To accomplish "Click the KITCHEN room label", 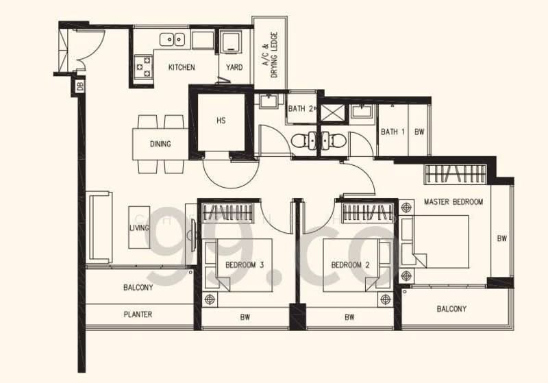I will tap(182, 67).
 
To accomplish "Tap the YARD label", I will tap(234, 67).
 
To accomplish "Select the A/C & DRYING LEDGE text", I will tap(270, 54).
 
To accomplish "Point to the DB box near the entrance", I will tap(79, 86).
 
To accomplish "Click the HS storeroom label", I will tap(221, 121).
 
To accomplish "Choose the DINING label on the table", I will tap(160, 144).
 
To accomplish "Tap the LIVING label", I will tap(139, 227).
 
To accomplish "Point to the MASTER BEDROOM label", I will tap(453, 202).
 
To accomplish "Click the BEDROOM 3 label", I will tap(245, 264).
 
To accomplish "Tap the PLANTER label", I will tap(138, 315).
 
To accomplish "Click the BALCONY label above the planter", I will tap(138, 288).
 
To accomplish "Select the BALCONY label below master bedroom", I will tap(451, 309).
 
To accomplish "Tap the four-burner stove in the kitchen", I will tap(144, 64).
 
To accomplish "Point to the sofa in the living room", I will tap(100, 227).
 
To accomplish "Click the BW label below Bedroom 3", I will tap(245, 317).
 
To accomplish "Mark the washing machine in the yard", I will tap(232, 42).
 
